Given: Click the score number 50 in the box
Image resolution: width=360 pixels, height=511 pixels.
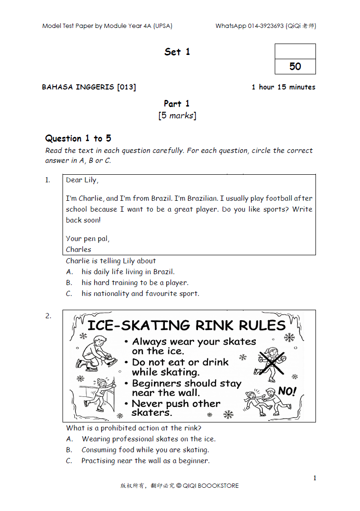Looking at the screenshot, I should tap(295, 66).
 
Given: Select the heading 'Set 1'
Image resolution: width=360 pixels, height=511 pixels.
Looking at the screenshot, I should tap(177, 52).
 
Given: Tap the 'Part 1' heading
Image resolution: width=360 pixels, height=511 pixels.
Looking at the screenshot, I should tap(177, 103).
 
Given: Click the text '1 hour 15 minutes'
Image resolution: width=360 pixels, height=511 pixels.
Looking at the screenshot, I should tap(283, 87).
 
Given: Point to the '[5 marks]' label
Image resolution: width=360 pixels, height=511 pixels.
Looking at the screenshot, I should tap(177, 116).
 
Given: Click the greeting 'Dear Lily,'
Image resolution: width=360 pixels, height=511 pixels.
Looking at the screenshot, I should tap(82, 180).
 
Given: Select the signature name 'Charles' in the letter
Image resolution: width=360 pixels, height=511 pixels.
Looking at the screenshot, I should tap(79, 249).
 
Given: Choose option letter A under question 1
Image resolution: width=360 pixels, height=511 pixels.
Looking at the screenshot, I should tap(70, 272).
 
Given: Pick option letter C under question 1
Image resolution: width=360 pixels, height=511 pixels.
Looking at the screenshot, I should tap(69, 294).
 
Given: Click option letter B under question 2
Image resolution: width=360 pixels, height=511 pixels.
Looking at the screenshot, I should tap(69, 450).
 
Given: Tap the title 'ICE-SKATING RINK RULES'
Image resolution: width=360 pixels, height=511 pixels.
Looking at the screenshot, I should tap(187, 325).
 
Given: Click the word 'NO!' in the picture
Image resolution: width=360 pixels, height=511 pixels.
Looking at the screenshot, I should tap(287, 391).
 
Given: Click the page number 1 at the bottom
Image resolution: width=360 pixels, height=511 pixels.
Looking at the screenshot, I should tap(315, 478).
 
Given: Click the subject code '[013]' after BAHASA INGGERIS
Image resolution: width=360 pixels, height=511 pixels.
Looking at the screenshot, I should tap(126, 87).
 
